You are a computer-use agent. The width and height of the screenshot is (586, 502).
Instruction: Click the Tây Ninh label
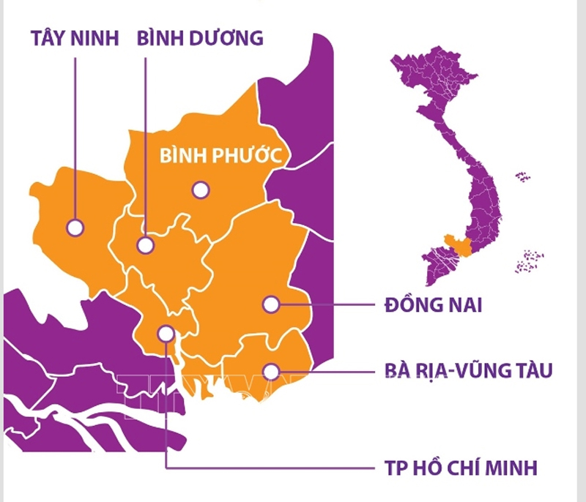pyautogui.click(x=75, y=38)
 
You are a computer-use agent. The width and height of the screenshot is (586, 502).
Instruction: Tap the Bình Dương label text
pyautogui.click(x=200, y=38)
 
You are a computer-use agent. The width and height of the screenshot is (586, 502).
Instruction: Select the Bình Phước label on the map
pyautogui.click(x=221, y=156)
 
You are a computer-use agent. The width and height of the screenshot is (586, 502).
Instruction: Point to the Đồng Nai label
pyautogui.click(x=432, y=304)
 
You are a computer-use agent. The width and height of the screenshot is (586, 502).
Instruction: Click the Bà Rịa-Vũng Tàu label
pyautogui.click(x=468, y=371)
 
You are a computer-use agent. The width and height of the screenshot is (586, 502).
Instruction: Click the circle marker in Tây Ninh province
pyautogui.click(x=75, y=228)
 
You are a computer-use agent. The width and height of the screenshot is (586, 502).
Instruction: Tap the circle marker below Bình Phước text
pyautogui.click(x=200, y=190)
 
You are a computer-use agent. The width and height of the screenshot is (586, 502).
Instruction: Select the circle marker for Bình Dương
pyautogui.click(x=146, y=244)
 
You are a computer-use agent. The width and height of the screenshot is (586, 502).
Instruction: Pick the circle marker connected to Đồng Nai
pyautogui.click(x=271, y=304)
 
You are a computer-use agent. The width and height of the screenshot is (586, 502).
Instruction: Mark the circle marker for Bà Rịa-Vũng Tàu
pyautogui.click(x=272, y=371)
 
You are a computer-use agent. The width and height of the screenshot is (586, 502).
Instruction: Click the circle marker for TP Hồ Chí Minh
pyautogui.click(x=167, y=334)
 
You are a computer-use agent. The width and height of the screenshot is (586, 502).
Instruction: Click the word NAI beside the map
pyautogui.click(x=461, y=304)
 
